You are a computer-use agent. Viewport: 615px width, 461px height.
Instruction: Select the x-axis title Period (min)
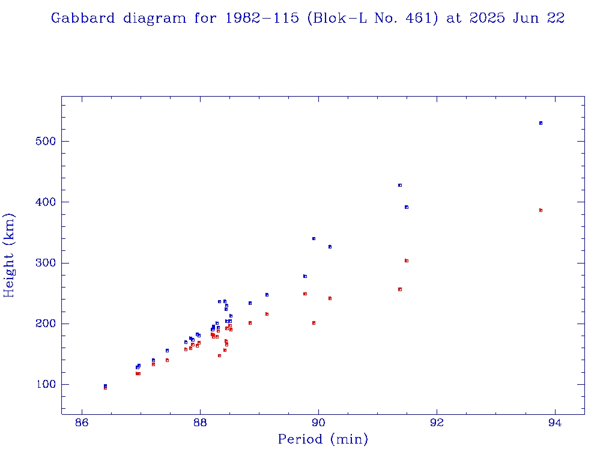point(323,439)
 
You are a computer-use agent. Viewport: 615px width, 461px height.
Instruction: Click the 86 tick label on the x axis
point(82,423)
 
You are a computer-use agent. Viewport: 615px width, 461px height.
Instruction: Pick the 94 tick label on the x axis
point(556,423)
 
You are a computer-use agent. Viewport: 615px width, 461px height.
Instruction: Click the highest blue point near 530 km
point(541,123)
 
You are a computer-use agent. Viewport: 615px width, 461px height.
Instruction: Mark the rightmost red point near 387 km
point(541,210)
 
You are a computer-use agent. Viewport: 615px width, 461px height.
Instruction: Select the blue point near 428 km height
point(399,185)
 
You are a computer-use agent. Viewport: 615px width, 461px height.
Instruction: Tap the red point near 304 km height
point(407,261)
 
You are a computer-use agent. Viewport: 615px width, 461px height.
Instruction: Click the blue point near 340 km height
point(314,238)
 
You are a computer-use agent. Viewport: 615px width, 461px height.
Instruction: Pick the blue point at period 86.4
point(105,385)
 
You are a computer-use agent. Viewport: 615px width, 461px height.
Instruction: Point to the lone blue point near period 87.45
point(167,351)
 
